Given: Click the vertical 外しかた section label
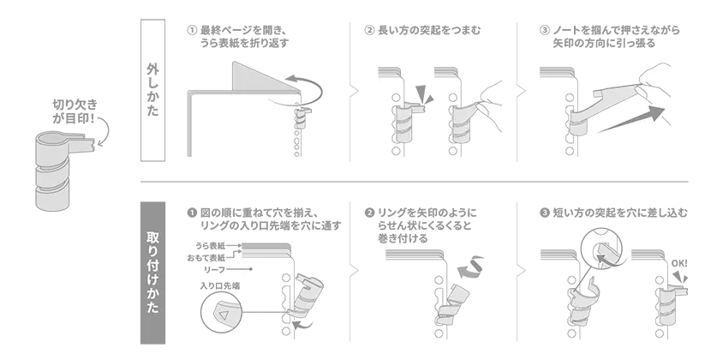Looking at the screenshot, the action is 152,90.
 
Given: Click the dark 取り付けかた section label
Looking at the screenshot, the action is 152,273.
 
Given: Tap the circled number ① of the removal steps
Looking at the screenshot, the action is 192,30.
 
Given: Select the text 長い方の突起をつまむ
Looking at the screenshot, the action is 429,30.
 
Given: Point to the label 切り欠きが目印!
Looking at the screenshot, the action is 75,111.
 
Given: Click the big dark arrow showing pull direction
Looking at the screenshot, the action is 631,120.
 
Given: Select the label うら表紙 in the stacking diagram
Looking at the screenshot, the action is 210,246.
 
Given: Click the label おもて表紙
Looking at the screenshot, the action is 206,258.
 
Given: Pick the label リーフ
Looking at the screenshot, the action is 214,270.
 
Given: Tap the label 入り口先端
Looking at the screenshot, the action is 219,285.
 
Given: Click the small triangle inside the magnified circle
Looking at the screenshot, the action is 223,315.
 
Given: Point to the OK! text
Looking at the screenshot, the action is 679,263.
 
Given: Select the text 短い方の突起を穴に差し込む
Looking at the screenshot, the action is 620,213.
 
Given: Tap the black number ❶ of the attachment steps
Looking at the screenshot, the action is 192,213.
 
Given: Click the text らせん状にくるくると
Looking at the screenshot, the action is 424,225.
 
